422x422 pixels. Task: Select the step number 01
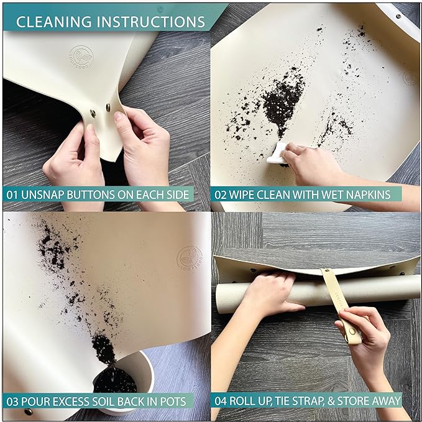(x=13, y=195)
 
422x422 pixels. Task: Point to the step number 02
(x=222, y=195)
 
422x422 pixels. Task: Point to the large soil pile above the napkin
(x=283, y=99)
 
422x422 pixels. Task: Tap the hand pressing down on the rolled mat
(x=270, y=292)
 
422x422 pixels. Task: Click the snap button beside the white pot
(x=27, y=411)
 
